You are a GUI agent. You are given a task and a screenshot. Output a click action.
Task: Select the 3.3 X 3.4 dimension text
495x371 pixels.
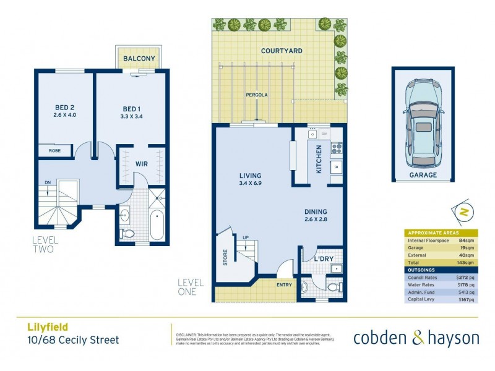[x=132, y=115]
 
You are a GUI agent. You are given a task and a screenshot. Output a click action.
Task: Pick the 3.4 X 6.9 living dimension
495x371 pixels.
[x=251, y=183]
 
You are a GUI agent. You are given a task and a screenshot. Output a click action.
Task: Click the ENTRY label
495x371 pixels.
[x=284, y=285]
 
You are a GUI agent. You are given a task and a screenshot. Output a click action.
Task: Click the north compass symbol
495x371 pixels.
[x=465, y=211]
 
